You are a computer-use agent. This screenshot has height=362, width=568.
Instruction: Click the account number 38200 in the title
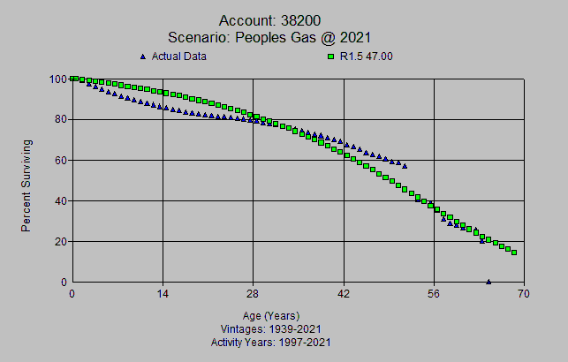pyautogui.click(x=304, y=20)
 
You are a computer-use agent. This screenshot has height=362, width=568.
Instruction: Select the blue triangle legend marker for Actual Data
pyautogui.click(x=143, y=57)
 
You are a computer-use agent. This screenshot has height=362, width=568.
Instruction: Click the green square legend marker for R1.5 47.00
pyautogui.click(x=330, y=57)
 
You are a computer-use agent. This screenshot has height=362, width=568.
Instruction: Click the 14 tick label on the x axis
pyautogui.click(x=163, y=295)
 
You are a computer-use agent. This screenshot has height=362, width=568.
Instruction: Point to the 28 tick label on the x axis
pyautogui.click(x=254, y=295)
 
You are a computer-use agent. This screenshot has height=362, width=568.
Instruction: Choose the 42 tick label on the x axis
pyautogui.click(x=344, y=295)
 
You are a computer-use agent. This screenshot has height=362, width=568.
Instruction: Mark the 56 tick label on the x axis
pyautogui.click(x=435, y=295)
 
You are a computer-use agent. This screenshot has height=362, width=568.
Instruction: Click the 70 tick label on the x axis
pyautogui.click(x=525, y=295)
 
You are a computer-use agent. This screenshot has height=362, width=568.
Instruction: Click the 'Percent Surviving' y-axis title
pyautogui.click(x=27, y=185)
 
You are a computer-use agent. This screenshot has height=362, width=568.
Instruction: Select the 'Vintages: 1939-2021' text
pyautogui.click(x=271, y=328)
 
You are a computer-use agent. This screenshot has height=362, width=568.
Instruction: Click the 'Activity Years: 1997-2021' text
pyautogui.click(x=271, y=341)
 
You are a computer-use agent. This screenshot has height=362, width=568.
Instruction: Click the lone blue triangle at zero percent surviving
pyautogui.click(x=488, y=282)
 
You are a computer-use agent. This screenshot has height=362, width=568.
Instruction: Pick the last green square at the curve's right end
pyautogui.click(x=514, y=253)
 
